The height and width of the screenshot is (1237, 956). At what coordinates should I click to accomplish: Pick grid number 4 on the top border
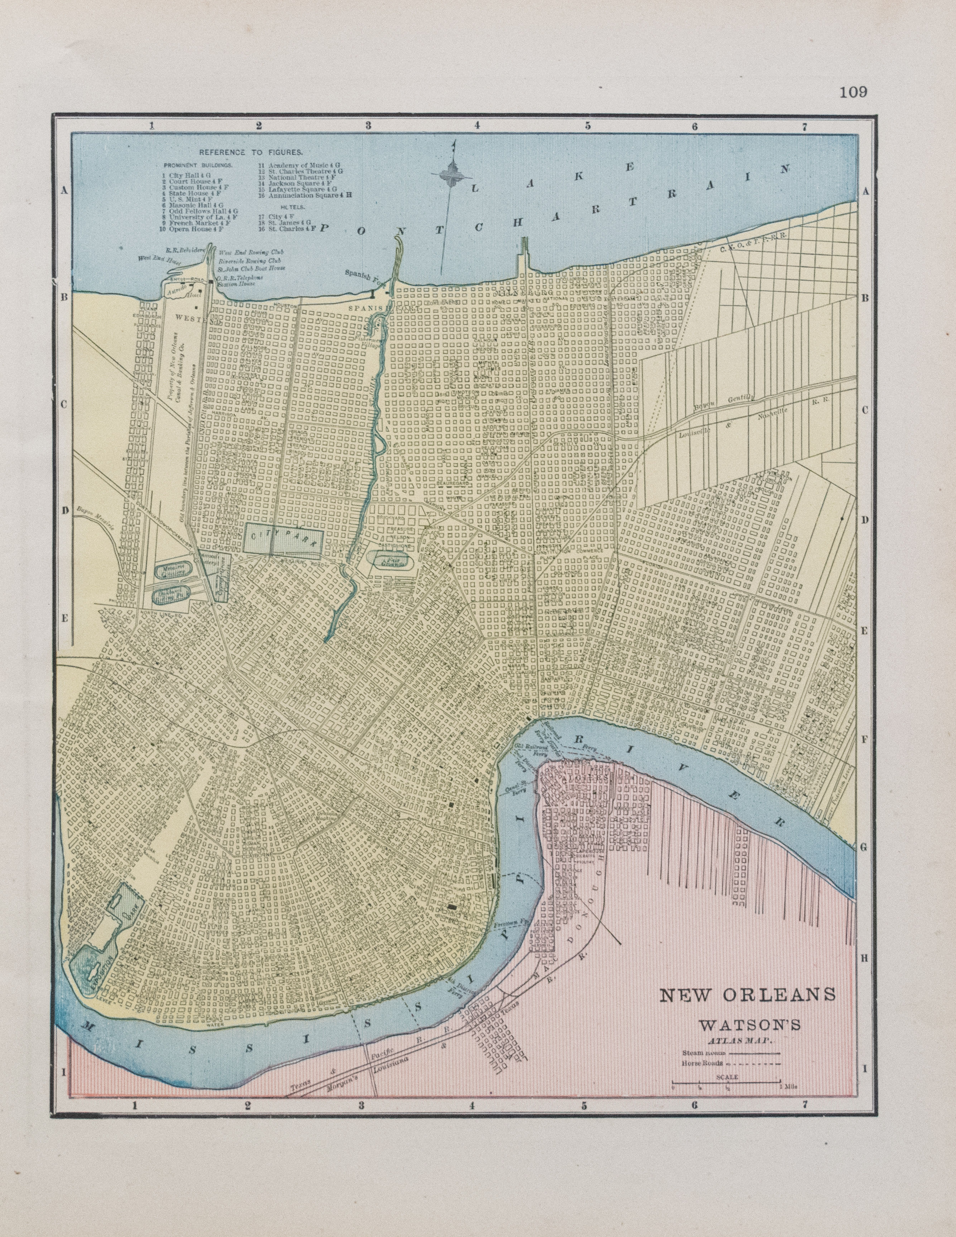coord(477,126)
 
